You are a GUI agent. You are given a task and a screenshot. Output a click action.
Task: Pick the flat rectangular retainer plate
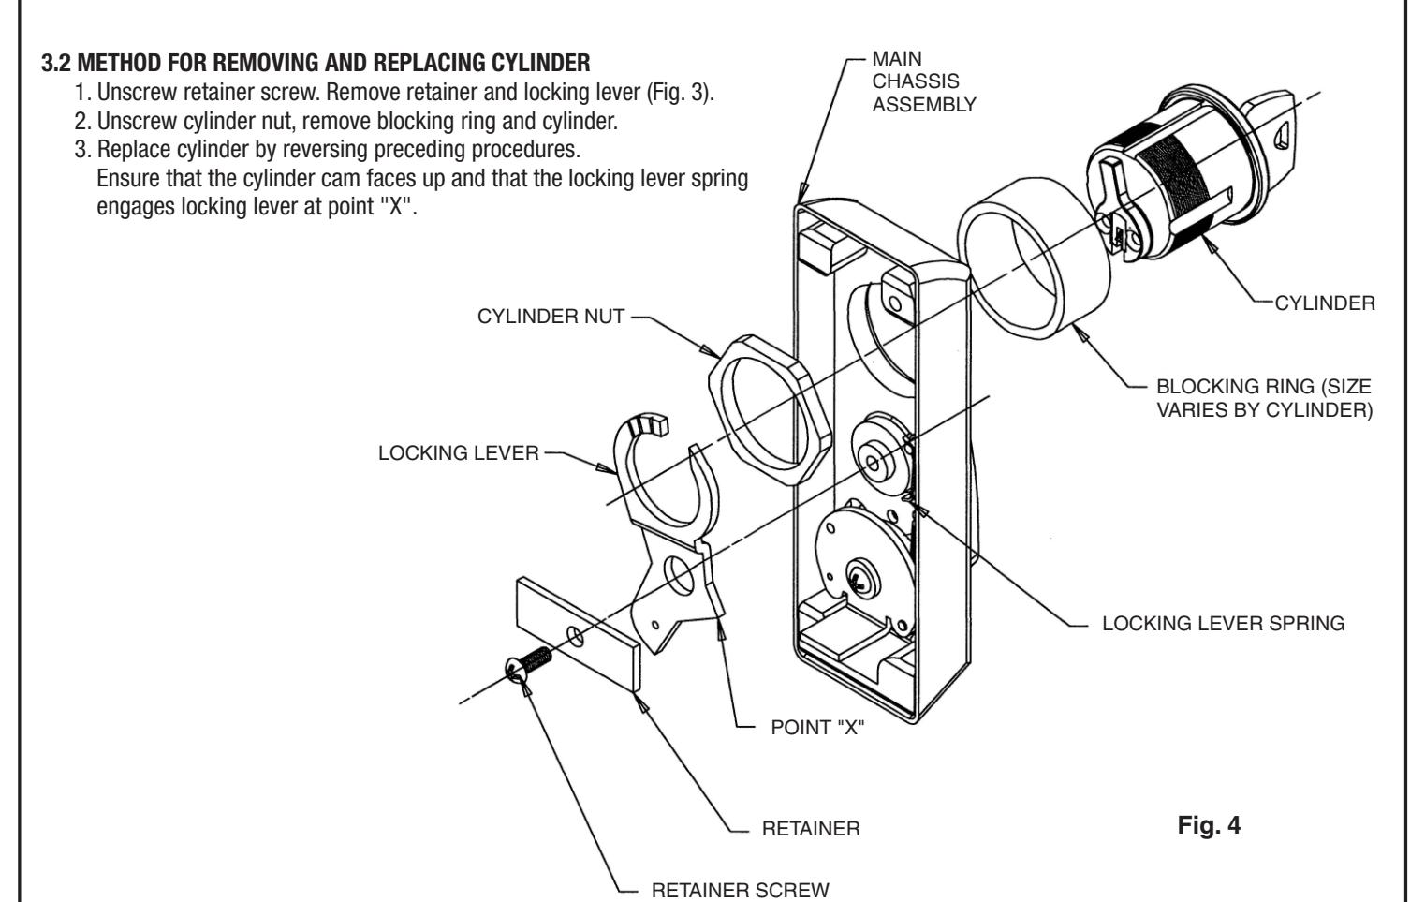(x=576, y=633)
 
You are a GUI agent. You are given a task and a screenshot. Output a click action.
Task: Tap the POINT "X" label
(x=817, y=730)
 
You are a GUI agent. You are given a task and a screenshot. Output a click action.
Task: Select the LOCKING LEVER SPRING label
(x=1223, y=624)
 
